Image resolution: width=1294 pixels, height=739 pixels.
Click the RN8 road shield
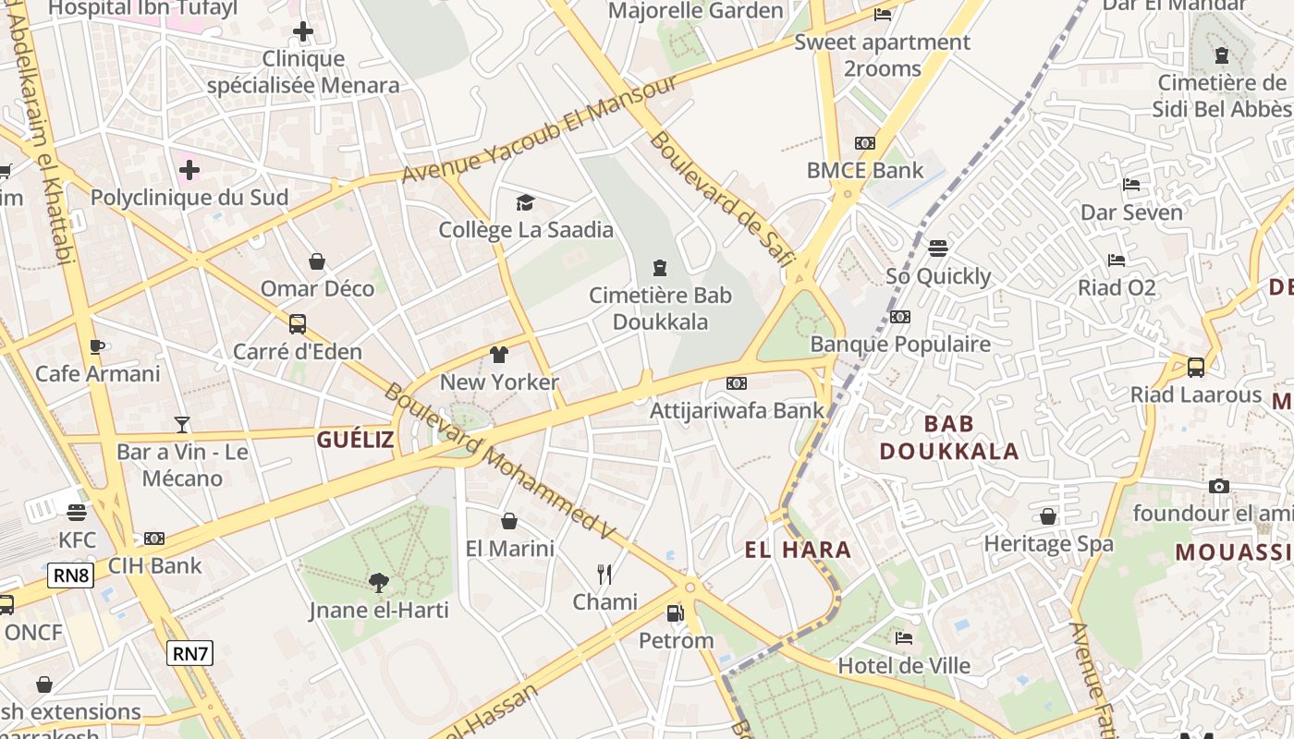point(71,576)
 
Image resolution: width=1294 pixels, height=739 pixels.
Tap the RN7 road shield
point(190,654)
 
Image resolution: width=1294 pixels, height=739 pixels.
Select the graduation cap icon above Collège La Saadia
point(525,202)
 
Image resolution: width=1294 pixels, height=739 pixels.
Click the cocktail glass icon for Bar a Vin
point(182,424)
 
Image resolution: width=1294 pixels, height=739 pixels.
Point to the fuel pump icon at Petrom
point(676,612)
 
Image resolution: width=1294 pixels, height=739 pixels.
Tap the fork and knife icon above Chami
point(604,575)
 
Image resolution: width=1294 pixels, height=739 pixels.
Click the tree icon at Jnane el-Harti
point(378,582)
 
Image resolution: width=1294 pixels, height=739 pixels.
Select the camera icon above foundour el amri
point(1218,486)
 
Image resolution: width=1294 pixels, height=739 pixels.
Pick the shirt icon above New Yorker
point(499,355)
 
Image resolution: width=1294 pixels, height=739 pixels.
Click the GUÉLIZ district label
point(355,440)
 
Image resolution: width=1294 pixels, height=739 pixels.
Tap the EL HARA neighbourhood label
point(798,551)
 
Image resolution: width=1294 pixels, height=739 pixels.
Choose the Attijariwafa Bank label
point(737,410)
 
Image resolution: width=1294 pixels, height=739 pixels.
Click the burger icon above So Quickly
point(938,248)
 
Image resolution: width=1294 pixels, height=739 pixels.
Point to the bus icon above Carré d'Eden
point(297,324)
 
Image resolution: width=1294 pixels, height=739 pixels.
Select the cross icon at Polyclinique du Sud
point(189,170)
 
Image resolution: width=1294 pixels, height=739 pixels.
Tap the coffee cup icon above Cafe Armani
point(97,346)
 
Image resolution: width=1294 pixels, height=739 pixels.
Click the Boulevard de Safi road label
point(721,200)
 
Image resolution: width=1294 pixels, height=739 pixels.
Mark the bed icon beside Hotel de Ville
point(903,638)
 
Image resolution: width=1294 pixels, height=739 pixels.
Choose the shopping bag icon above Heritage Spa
point(1047,516)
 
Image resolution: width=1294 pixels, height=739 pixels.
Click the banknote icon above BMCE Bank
point(864,143)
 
